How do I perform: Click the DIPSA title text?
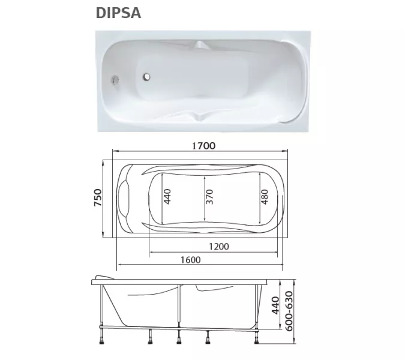click(118, 13)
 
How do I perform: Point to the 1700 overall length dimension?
click(203, 146)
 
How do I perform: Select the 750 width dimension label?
click(98, 198)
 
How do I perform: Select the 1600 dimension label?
click(189, 260)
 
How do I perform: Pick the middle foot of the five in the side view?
click(179, 340)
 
